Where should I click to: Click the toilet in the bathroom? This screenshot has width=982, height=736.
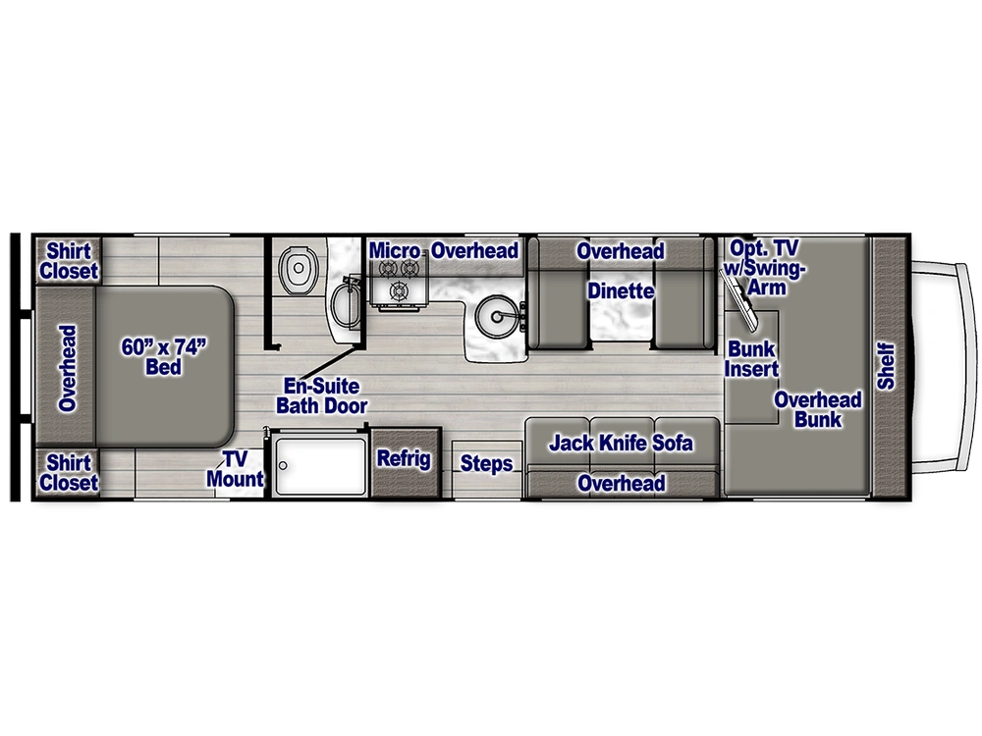(x=297, y=270)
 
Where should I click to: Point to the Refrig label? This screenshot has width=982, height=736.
(x=404, y=458)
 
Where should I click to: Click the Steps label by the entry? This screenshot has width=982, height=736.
(x=487, y=464)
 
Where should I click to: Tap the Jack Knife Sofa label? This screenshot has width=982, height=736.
(x=622, y=444)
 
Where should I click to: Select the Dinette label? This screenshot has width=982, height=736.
(x=621, y=291)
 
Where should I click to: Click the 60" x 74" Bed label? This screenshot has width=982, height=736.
(x=163, y=357)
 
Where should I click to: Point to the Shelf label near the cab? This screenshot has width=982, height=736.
(x=886, y=366)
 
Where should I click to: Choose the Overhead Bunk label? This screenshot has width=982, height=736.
(x=818, y=409)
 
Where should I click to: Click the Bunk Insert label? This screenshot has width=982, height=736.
(x=751, y=359)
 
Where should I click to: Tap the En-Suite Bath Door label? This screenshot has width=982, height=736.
(x=322, y=395)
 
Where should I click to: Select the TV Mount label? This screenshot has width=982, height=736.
(x=236, y=469)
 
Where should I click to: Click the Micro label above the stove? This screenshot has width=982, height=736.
(x=395, y=251)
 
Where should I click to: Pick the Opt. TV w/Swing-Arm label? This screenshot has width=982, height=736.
(x=764, y=267)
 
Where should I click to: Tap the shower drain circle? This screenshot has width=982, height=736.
(x=283, y=465)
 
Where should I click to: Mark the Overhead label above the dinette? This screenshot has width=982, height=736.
(x=621, y=251)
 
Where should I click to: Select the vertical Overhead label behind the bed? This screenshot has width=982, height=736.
(x=67, y=368)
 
